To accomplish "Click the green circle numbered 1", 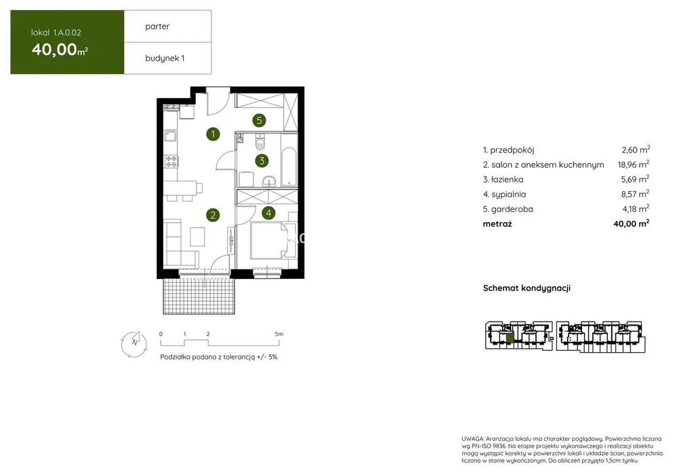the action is click(213, 134).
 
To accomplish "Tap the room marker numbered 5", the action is click(259, 121).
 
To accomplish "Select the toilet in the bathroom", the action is click(260, 141).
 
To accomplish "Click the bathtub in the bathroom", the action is click(289, 167).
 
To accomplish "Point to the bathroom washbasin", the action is click(268, 181).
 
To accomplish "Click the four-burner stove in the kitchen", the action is click(171, 161).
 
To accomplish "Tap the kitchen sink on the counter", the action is click(171, 136).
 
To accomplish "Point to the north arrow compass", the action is click(134, 344).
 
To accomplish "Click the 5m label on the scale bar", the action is click(279, 334).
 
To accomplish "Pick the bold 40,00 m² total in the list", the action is click(631, 223).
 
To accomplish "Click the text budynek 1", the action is click(165, 58).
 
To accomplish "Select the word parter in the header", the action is click(157, 27).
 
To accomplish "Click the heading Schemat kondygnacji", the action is click(527, 288).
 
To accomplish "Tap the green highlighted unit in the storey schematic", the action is click(510, 339).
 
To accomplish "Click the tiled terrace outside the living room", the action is click(199, 296).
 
